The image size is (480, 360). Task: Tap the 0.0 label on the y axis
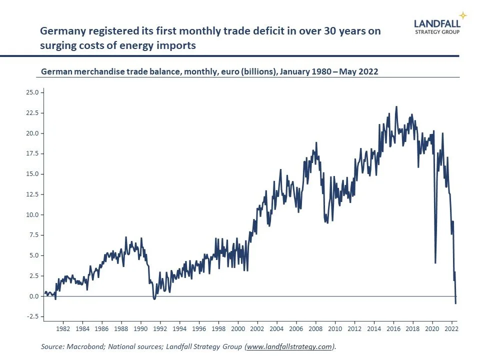(x=34, y=296)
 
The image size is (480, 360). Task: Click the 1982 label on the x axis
(x=63, y=329)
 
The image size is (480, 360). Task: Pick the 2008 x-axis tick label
(x=315, y=329)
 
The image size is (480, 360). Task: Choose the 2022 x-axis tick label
(x=451, y=329)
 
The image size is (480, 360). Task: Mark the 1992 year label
(x=160, y=329)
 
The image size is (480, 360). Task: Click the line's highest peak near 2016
(x=396, y=106)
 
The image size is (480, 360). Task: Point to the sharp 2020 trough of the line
(x=435, y=262)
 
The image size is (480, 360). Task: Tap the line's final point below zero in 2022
(x=455, y=303)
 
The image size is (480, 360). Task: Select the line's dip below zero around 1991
(x=154, y=299)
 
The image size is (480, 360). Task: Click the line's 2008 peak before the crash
(x=316, y=143)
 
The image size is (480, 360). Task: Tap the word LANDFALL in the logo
(x=437, y=22)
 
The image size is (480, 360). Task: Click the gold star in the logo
(x=463, y=15)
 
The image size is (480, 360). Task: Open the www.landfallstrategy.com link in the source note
(x=289, y=346)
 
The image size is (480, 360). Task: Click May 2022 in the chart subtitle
(x=359, y=71)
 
